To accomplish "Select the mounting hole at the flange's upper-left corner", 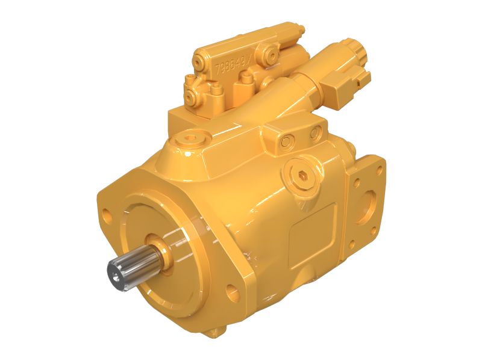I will point(107,214).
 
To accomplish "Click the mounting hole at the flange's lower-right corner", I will point(233,293).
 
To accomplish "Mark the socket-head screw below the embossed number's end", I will point(246,78).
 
